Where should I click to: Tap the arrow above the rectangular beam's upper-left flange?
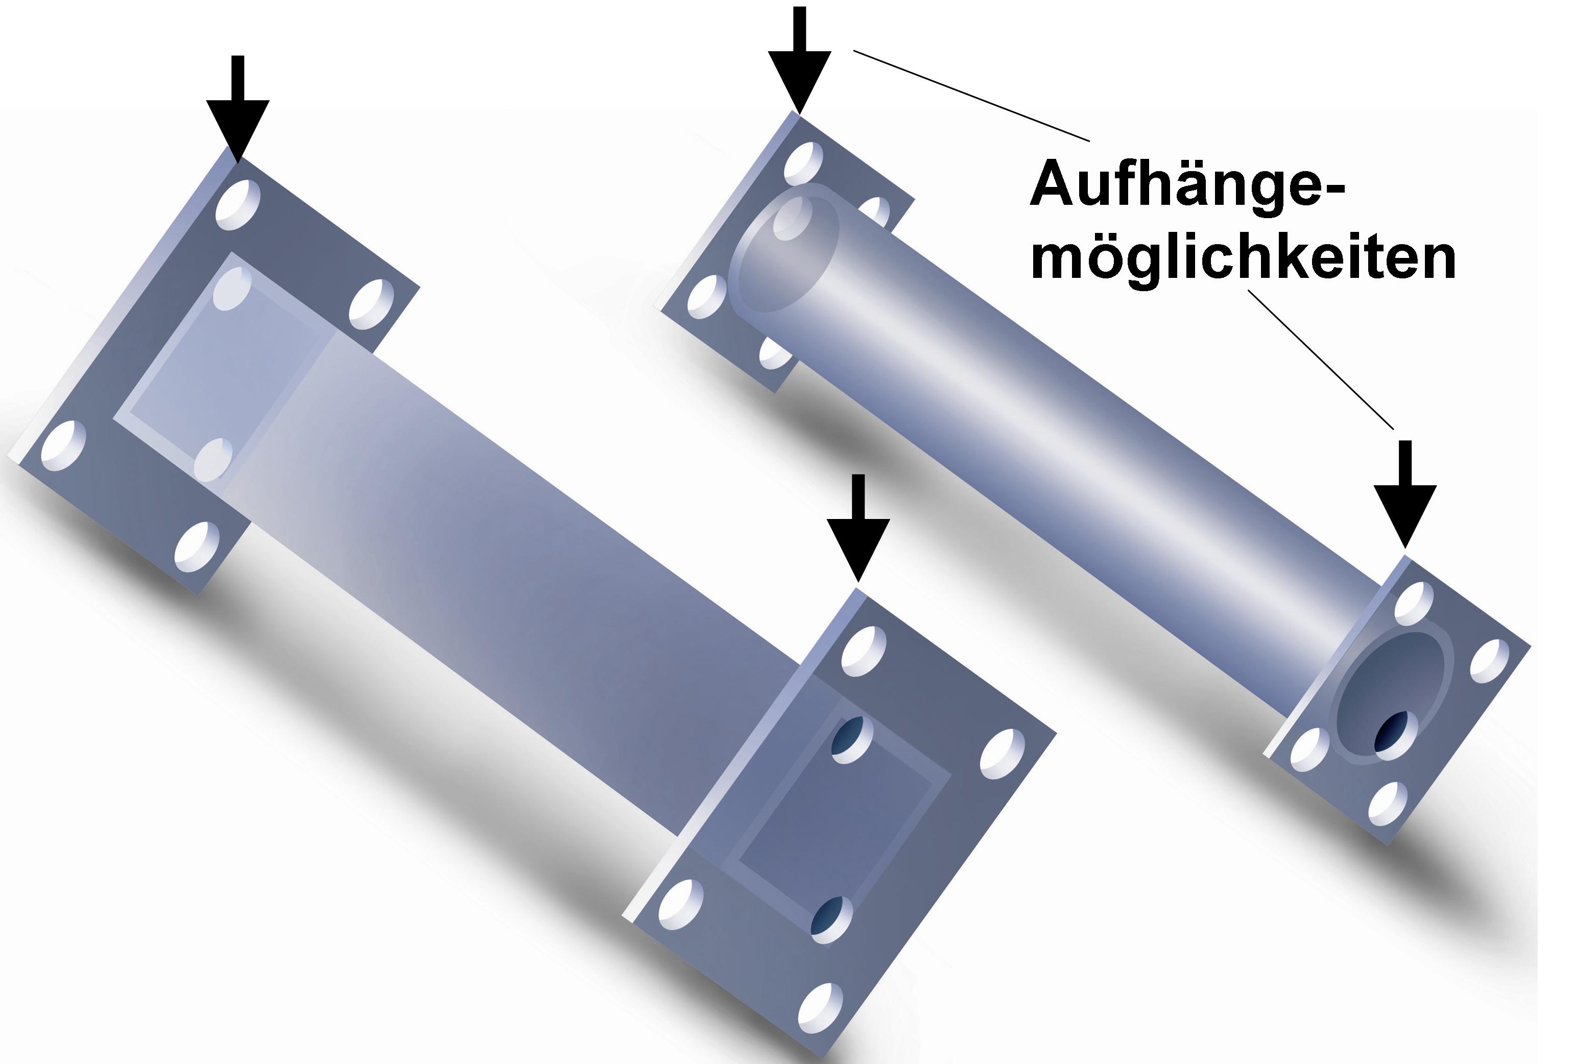coord(237,109)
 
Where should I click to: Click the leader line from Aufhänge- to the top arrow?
coord(971,96)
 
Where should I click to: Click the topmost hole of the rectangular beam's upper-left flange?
coord(239,204)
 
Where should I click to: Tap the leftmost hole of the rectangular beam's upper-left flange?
coord(64,445)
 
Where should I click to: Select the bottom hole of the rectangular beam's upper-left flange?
coord(197,547)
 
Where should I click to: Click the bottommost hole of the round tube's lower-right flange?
coord(1388,804)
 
